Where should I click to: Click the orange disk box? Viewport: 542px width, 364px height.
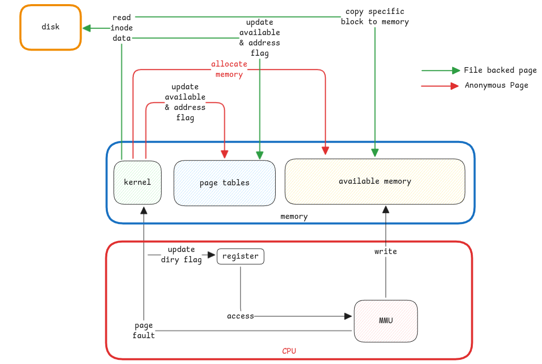tap(51, 27)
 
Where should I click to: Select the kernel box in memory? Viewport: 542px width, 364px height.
tap(137, 182)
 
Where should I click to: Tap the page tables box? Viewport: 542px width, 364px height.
tap(225, 182)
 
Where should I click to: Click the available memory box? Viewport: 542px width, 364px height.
tap(375, 181)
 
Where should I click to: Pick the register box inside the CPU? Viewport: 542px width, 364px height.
tap(241, 256)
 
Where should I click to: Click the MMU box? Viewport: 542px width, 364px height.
tap(386, 320)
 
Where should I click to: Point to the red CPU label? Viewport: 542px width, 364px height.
tap(289, 351)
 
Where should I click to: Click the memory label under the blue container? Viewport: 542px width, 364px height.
tap(294, 216)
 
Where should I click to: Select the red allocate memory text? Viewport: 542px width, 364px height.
tap(229, 69)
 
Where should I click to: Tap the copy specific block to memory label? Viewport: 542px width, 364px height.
tap(375, 17)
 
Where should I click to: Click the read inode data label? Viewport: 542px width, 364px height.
tap(122, 28)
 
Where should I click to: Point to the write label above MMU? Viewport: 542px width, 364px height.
tap(386, 251)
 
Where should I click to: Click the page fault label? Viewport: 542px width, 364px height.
tap(144, 330)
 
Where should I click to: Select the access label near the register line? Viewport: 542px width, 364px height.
tap(241, 315)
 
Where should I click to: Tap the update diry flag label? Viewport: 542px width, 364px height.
tap(181, 255)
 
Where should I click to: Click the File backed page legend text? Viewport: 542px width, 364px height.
tap(500, 70)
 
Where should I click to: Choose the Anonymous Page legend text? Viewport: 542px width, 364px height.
tap(496, 85)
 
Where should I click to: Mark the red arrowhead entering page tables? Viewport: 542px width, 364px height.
tap(225, 154)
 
